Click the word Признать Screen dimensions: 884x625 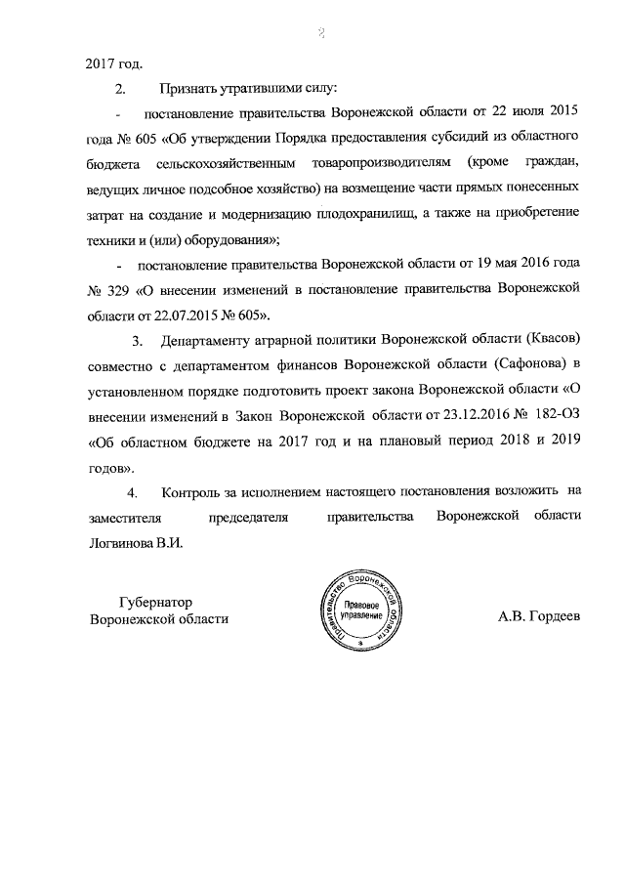(x=194, y=89)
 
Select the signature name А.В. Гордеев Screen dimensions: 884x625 (x=539, y=617)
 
